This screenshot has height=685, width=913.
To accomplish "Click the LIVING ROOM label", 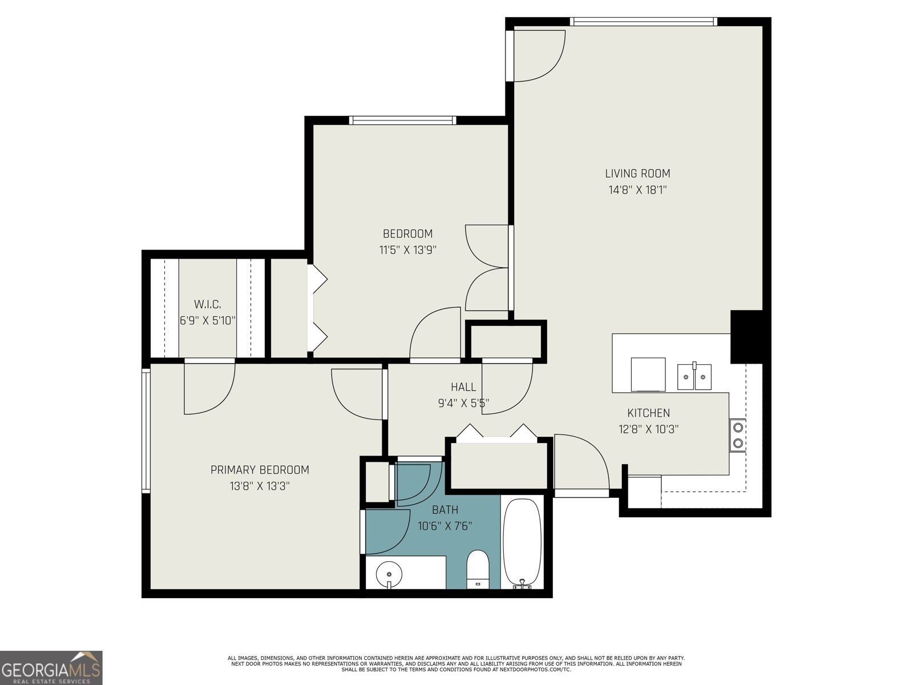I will pyautogui.click(x=637, y=174).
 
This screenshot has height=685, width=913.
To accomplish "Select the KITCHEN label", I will pyautogui.click(x=648, y=413).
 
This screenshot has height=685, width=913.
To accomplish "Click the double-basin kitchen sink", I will pyautogui.click(x=694, y=377).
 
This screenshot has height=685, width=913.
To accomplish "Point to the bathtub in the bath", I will pyautogui.click(x=522, y=542).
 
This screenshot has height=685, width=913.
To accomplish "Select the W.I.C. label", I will pyautogui.click(x=207, y=304).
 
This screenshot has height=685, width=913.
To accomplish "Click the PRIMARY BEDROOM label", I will pyautogui.click(x=260, y=470).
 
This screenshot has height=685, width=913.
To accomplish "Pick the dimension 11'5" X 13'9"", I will pyautogui.click(x=407, y=250).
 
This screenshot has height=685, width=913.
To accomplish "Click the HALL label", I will pyautogui.click(x=463, y=387).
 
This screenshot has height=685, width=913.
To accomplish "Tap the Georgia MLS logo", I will pyautogui.click(x=51, y=668).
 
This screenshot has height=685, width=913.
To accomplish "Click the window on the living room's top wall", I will pyautogui.click(x=643, y=22).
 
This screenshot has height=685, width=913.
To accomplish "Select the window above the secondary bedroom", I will pyautogui.click(x=403, y=120).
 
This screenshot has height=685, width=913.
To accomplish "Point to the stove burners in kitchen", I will pyautogui.click(x=738, y=435).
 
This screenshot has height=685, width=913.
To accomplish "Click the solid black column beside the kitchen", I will pyautogui.click(x=746, y=337).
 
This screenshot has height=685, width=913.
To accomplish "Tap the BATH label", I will pyautogui.click(x=445, y=510).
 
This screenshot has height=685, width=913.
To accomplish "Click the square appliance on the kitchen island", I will pyautogui.click(x=648, y=374).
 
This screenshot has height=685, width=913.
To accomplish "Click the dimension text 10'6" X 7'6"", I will pyautogui.click(x=445, y=526).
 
